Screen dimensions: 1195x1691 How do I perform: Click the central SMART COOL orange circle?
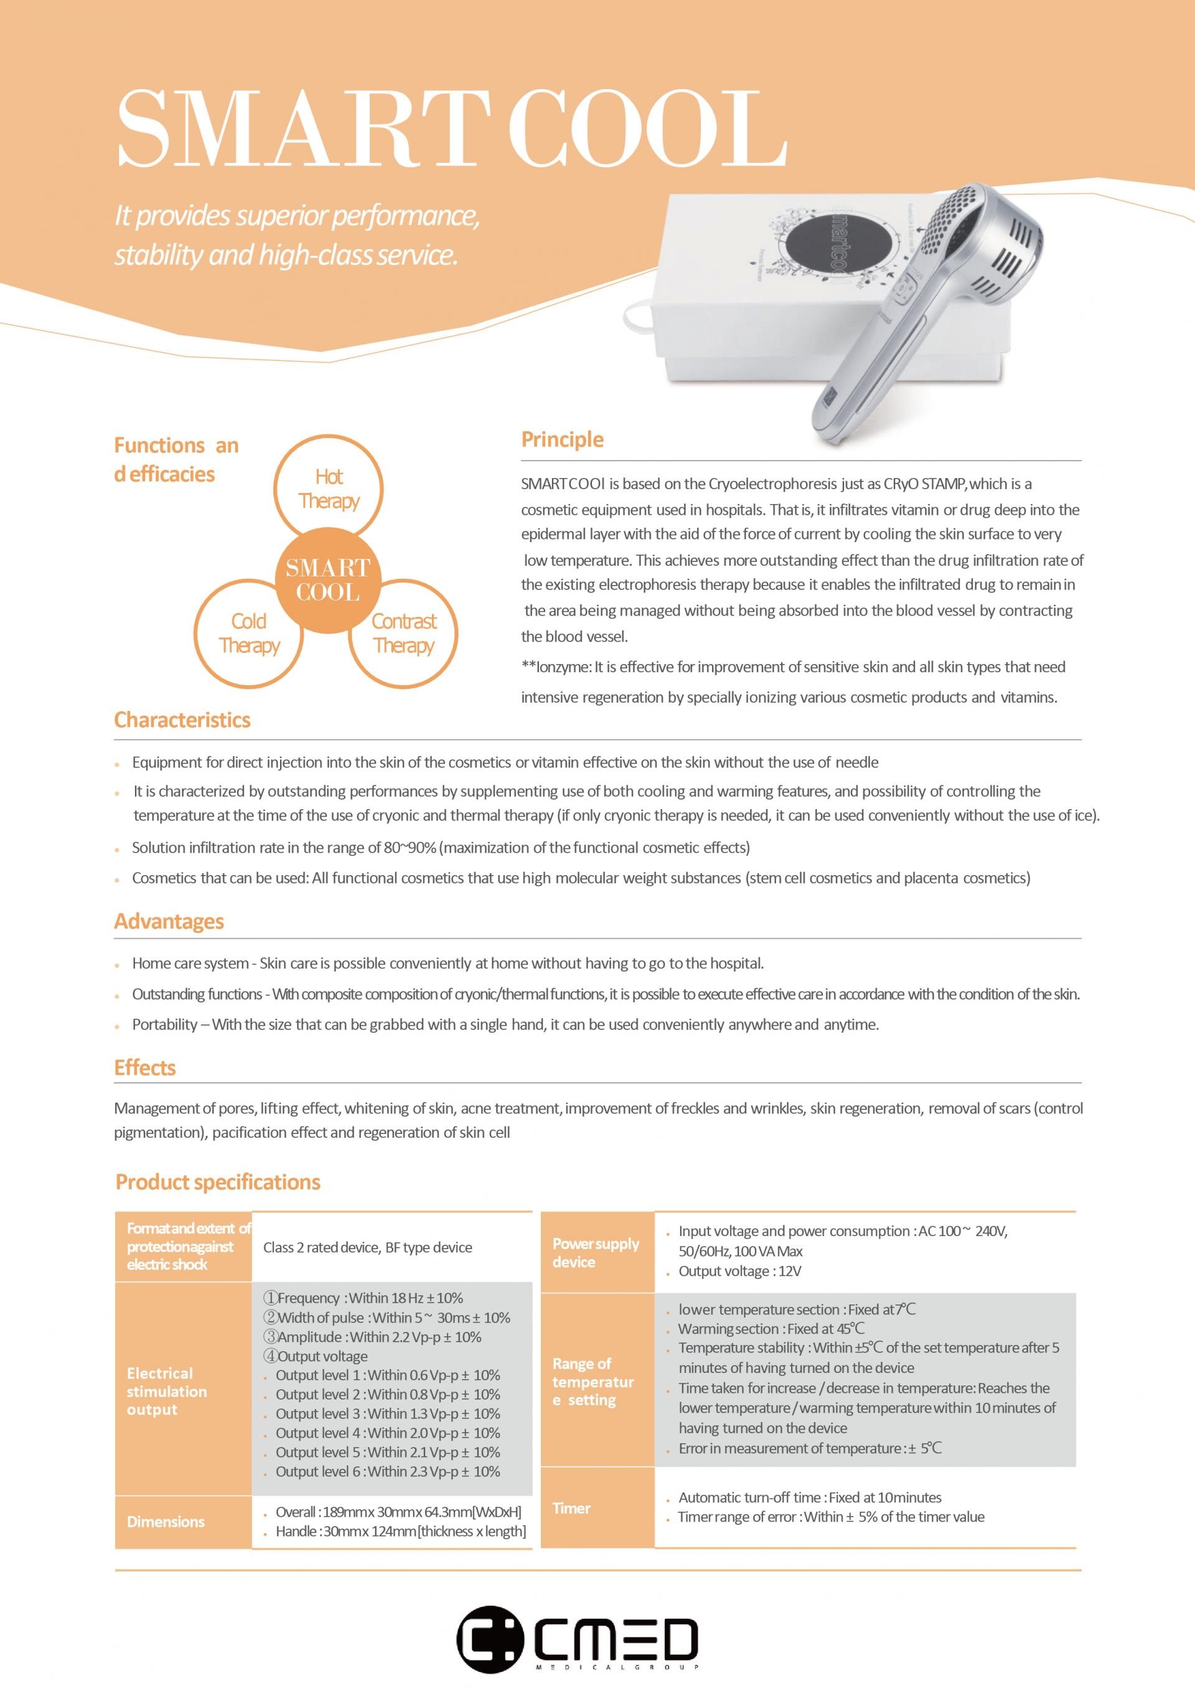pos(329,579)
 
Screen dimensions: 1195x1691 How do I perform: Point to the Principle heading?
pos(562,439)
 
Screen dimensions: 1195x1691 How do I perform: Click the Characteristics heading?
pos(182,719)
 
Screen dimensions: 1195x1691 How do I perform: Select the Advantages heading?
pos(169,921)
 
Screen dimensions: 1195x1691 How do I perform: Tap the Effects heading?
pos(145,1068)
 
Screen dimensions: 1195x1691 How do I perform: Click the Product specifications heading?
pos(218,1182)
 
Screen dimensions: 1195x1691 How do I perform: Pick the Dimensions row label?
pos(166,1522)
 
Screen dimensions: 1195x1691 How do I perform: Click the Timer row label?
pos(572,1509)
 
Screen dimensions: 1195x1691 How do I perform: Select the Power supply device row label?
pos(596,1253)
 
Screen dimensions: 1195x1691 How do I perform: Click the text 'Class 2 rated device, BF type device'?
pos(368,1248)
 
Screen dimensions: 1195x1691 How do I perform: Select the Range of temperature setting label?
pos(593,1382)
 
